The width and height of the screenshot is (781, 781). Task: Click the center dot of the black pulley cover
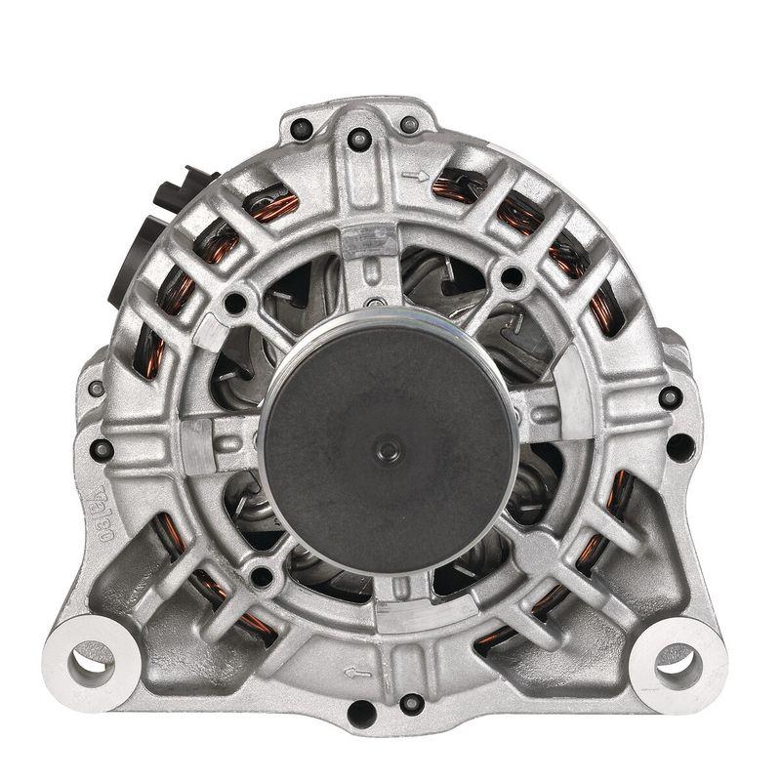coord(390,449)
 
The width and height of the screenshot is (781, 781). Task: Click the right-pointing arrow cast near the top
coord(415,177)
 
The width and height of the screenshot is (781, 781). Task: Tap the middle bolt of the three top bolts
coord(358,139)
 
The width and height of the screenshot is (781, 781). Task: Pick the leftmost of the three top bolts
coord(302,127)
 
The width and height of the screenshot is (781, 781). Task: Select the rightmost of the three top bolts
coord(409,124)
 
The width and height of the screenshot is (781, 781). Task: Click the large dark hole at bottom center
coord(362,714)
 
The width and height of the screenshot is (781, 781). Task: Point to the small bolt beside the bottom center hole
coord(411,702)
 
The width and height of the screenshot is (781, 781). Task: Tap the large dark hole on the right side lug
coord(679,447)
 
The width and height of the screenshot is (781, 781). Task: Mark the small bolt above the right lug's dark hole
coord(670,397)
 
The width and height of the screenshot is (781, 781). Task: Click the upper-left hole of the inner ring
coord(235,304)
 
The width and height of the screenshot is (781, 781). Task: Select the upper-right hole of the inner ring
coord(510,276)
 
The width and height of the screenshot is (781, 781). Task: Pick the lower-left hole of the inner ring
coord(263,576)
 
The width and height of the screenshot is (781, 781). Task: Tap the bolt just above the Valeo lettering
coord(102,449)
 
